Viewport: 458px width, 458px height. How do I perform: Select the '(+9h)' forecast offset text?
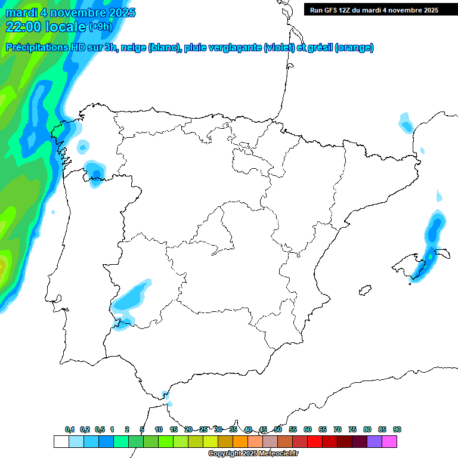100,26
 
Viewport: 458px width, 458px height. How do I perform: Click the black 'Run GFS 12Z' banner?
374,10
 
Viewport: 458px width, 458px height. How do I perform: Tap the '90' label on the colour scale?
397,429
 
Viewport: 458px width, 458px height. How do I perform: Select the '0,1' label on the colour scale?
70,429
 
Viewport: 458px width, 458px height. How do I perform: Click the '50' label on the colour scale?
278,429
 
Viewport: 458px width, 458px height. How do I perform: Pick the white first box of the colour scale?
61,441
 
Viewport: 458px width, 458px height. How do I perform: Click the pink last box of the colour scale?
389,441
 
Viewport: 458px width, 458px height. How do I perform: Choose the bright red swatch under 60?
315,441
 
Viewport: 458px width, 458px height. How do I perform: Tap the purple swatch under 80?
375,441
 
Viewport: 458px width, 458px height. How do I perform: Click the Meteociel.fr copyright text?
245,454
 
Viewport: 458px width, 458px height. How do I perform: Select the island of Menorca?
443,252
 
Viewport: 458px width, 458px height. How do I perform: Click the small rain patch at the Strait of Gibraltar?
167,397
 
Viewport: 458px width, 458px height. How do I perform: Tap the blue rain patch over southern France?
406,123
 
